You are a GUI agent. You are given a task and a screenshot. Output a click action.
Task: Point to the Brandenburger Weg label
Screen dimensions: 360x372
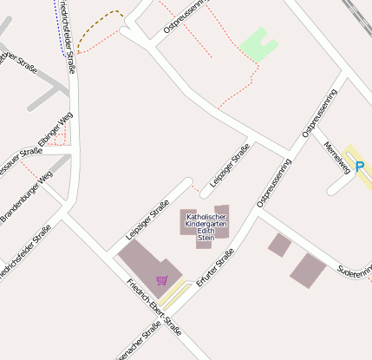[x=26, y=197]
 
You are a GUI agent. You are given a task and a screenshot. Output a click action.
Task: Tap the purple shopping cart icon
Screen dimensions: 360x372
[x=162, y=280]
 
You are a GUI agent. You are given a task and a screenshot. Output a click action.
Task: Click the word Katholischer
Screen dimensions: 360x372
[x=206, y=216]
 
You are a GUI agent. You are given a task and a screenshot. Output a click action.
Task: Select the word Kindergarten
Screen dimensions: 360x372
[x=206, y=224]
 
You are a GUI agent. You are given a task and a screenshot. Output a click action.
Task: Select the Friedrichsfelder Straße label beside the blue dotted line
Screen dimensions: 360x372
[x=69, y=35]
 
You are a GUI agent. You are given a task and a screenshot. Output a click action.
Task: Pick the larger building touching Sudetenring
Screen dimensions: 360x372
[x=308, y=270]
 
